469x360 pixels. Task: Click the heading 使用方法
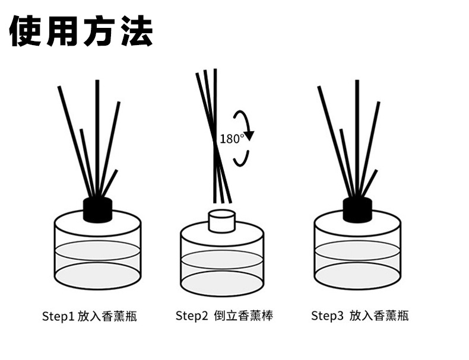(81, 30)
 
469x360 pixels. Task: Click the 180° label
(231, 139)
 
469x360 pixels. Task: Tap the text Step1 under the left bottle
(58, 316)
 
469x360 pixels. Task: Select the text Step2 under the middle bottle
(192, 315)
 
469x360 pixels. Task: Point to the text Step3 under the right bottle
(327, 315)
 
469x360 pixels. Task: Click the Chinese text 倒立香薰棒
(243, 315)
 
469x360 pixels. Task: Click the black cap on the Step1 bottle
(97, 209)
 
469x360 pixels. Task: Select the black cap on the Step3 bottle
(357, 209)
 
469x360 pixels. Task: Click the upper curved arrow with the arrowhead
(245, 123)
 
